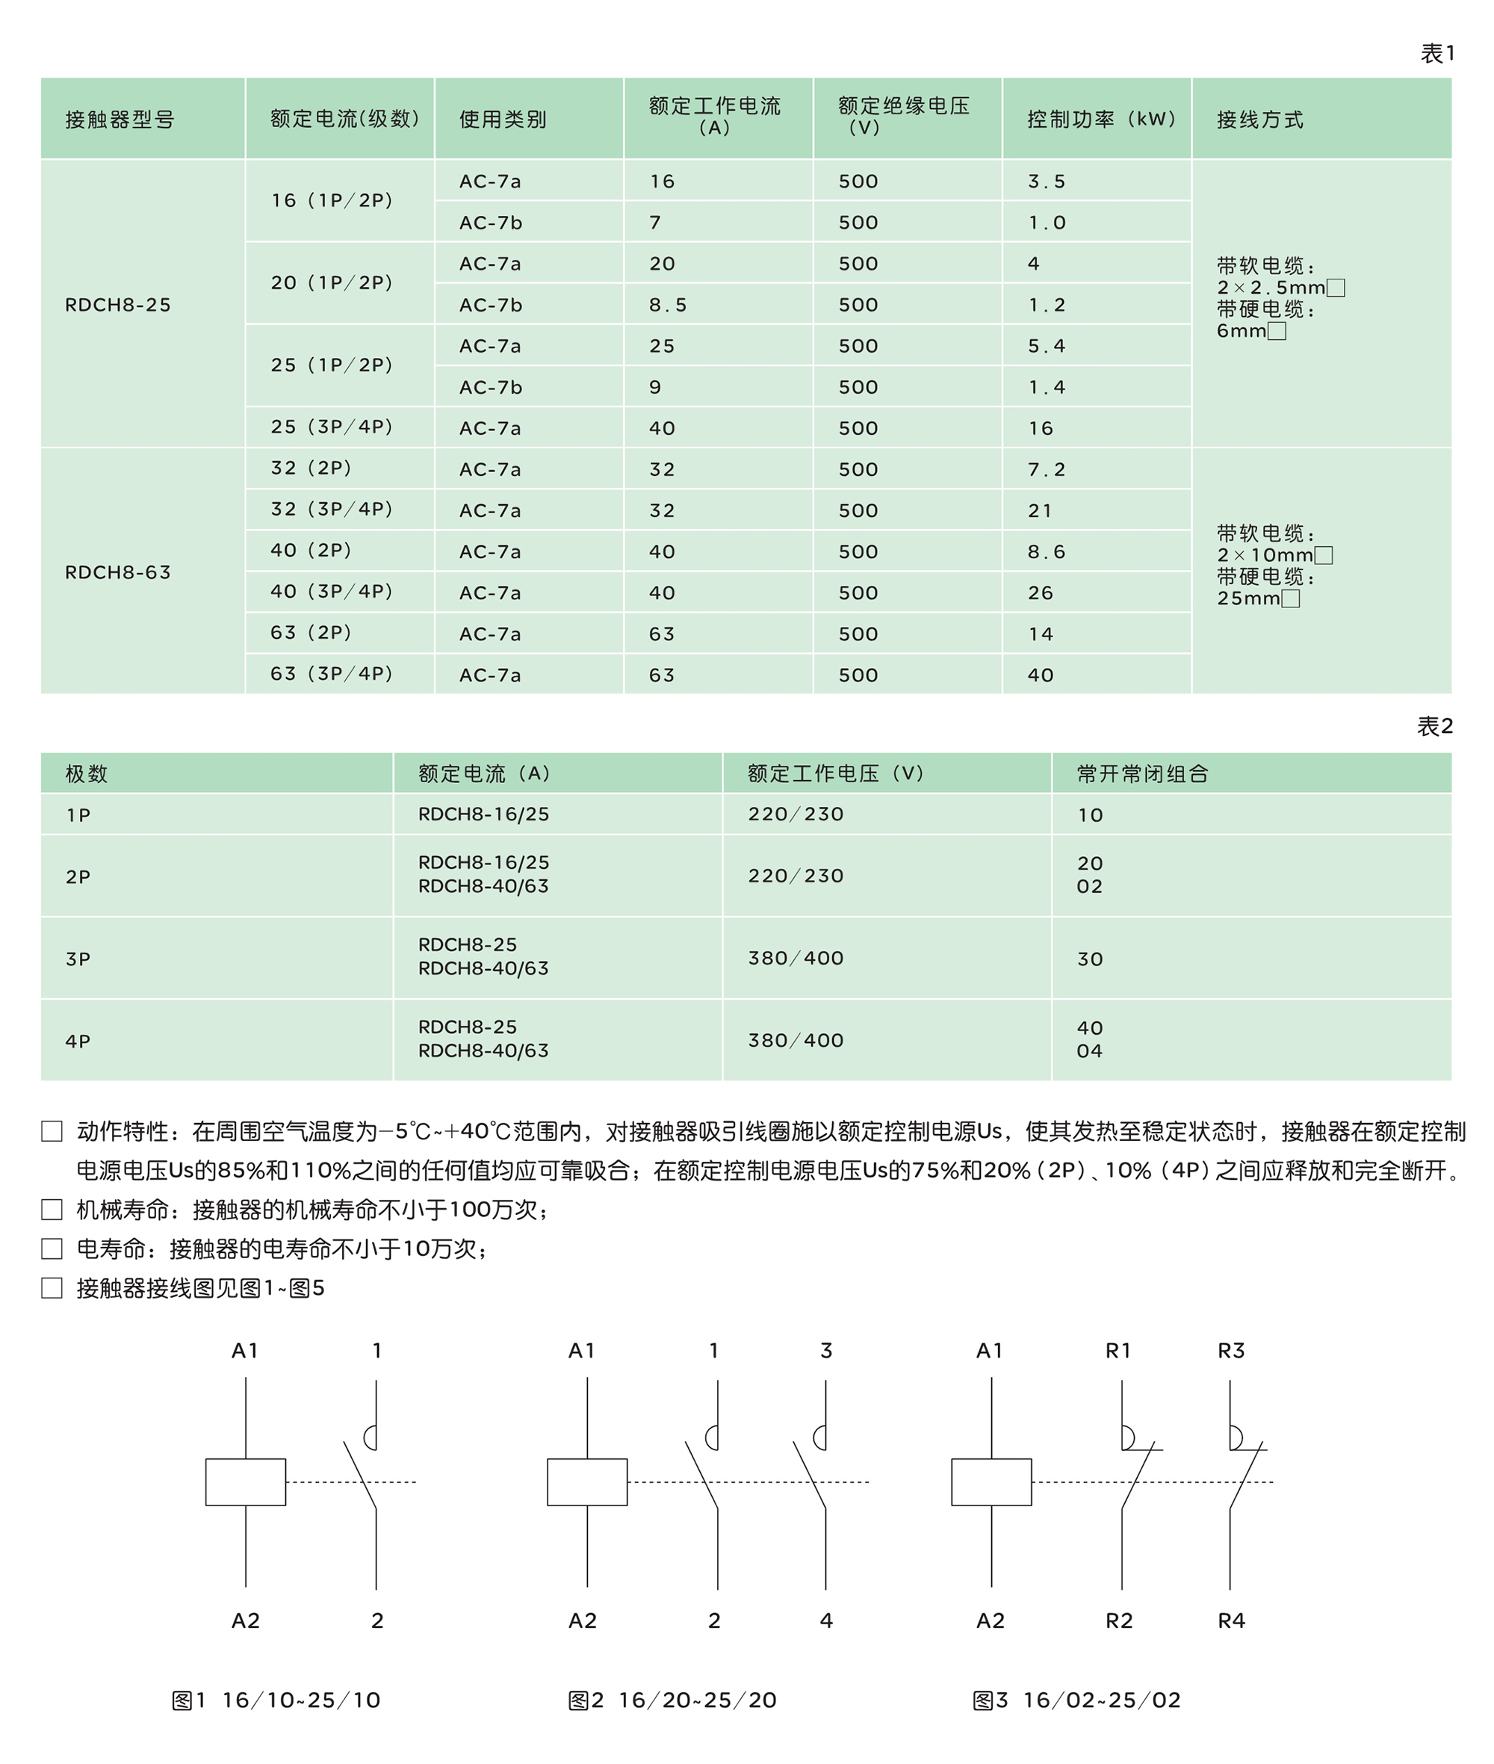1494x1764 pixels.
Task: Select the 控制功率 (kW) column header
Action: pyautogui.click(x=1101, y=120)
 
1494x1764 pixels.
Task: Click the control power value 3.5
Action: pyautogui.click(x=1046, y=182)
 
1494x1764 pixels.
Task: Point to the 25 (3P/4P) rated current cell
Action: pyautogui.click(x=332, y=427)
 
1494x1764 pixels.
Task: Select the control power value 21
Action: pyautogui.click(x=1040, y=511)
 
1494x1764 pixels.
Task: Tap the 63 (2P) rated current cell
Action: pyautogui.click(x=311, y=633)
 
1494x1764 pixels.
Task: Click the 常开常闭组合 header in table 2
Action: pyautogui.click(x=1141, y=773)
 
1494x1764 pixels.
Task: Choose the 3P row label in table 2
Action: pyautogui.click(x=78, y=959)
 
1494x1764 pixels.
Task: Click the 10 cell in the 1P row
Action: pyautogui.click(x=1089, y=815)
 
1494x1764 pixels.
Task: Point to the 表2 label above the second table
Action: pyautogui.click(x=1435, y=726)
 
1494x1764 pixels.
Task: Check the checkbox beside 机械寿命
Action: pyautogui.click(x=52, y=1209)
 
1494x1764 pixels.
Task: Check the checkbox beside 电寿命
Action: pyautogui.click(x=52, y=1248)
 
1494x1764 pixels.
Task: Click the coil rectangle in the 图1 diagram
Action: pyautogui.click(x=246, y=1482)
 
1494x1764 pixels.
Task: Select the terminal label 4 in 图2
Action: pyautogui.click(x=825, y=1621)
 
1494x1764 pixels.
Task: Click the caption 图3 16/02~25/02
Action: pyautogui.click(x=1076, y=1700)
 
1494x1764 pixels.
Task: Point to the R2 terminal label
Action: pyautogui.click(x=1119, y=1621)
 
